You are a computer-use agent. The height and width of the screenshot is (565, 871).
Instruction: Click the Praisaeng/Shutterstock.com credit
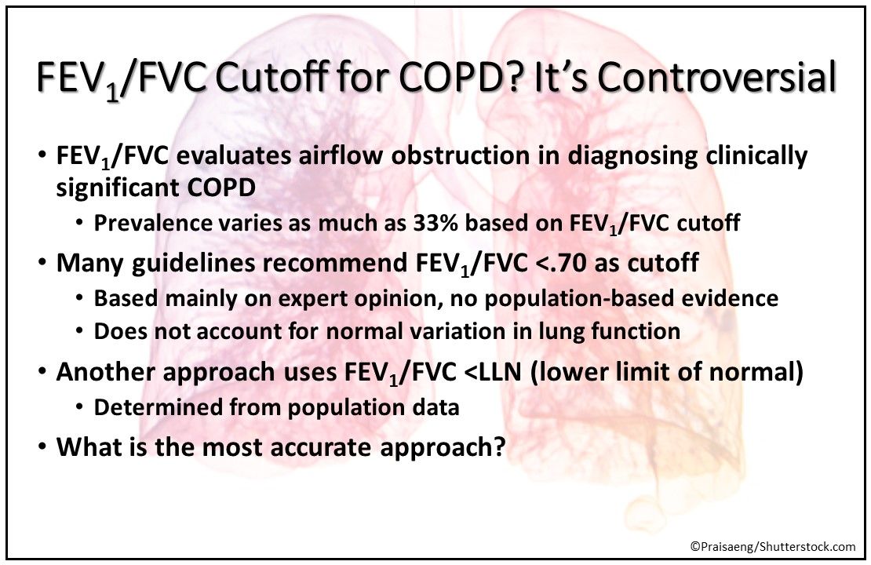[772, 546]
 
